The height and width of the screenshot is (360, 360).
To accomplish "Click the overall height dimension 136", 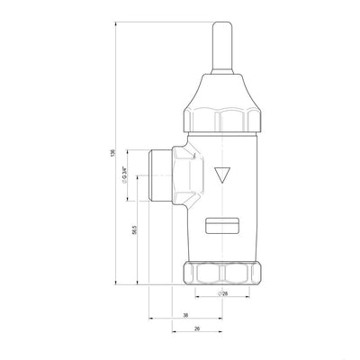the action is click(112, 152).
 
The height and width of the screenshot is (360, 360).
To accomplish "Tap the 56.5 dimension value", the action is click(134, 229).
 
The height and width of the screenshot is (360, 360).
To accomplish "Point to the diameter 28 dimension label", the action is click(222, 293).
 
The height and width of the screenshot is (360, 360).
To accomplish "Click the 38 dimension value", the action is click(185, 315).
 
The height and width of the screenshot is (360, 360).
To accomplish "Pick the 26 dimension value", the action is click(197, 328).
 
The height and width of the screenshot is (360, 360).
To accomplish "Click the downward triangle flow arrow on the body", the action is click(222, 175).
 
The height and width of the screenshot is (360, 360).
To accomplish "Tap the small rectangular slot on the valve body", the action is click(222, 225).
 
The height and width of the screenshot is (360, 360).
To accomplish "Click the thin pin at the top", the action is click(222, 48).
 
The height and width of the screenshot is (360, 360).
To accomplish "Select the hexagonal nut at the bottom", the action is click(222, 273).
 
